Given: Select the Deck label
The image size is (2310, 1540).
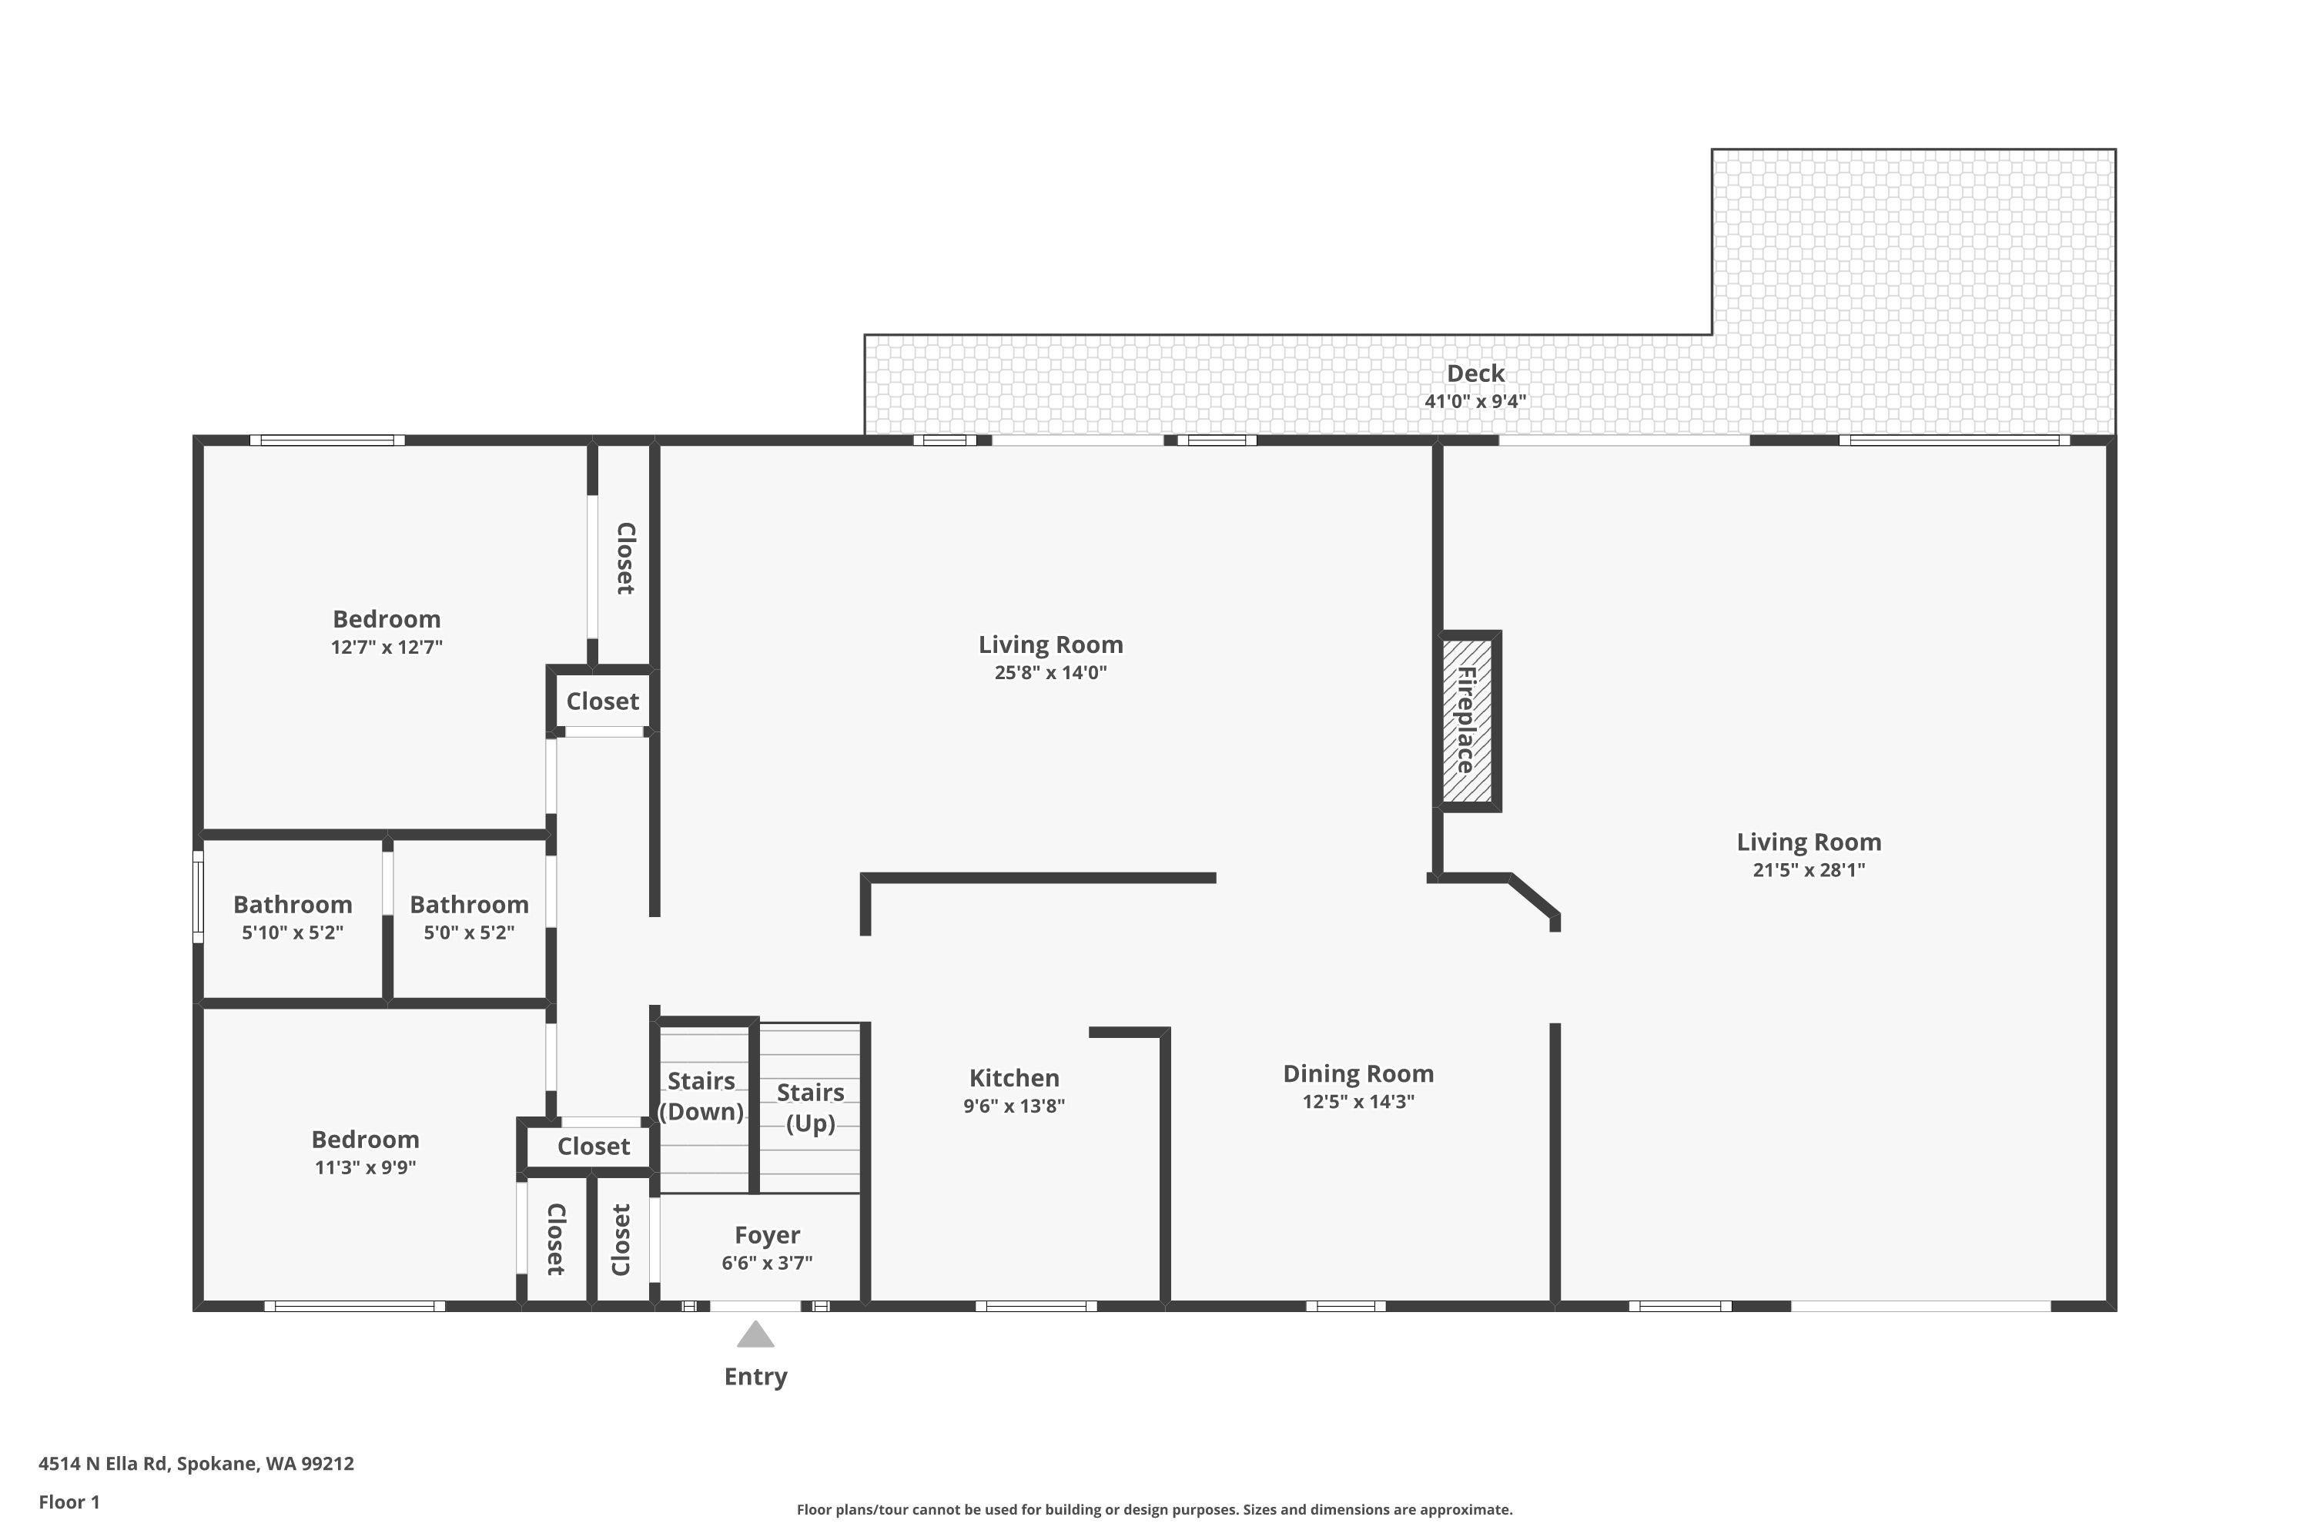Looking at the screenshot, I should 1475,373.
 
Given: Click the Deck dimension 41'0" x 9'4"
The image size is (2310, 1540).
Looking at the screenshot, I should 1475,400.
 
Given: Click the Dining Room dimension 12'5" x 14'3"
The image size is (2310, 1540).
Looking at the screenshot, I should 1358,1101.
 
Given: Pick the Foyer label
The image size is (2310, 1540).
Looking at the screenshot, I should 767,1234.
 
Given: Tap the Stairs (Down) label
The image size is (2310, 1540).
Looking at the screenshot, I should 701,1096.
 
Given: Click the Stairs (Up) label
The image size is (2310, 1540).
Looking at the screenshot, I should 810,1107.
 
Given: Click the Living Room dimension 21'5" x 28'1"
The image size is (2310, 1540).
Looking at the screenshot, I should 1808,869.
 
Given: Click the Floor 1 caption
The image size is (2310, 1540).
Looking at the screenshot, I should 69,1501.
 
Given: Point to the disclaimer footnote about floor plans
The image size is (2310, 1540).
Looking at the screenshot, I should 1154,1509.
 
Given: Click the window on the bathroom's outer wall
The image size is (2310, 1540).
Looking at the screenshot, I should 197,897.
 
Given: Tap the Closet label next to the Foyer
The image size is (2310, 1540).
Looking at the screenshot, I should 621,1240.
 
